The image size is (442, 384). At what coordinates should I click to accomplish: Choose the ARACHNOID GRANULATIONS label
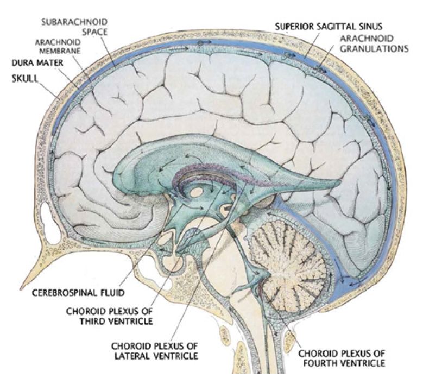click(x=374, y=43)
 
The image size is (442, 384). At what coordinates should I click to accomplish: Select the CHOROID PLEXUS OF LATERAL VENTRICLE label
click(x=154, y=350)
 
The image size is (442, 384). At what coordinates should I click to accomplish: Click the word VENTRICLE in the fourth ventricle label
click(x=362, y=362)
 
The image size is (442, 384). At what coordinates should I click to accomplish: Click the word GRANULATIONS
click(x=374, y=48)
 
